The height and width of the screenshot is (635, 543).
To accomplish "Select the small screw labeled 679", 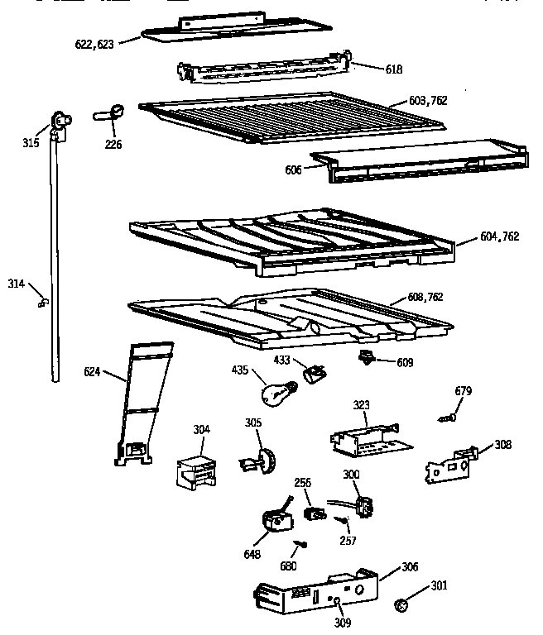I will [448, 419].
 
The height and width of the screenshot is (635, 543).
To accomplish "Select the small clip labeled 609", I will [364, 357].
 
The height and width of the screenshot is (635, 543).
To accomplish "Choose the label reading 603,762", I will [428, 100].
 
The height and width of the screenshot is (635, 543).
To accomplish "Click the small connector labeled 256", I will [314, 512].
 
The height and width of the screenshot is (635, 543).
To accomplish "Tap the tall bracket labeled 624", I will [139, 405].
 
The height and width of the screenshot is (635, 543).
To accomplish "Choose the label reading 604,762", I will [499, 236].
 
